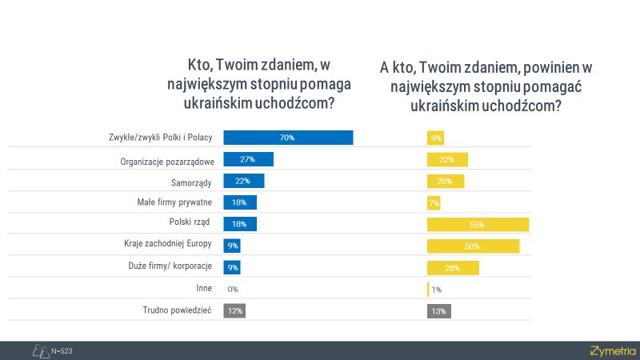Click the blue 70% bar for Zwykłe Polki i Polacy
point(288,138)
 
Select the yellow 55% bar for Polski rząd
point(478,224)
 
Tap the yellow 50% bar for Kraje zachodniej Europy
point(474,246)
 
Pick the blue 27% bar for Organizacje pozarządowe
point(248,159)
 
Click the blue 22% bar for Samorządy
point(243,181)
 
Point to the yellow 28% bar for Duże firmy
point(454,267)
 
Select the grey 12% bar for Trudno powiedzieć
point(234,310)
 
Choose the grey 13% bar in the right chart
point(437,310)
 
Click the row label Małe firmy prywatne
point(175,203)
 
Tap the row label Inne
point(203,289)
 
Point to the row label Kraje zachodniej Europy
point(167,246)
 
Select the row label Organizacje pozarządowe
point(166,160)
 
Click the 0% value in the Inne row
point(233,289)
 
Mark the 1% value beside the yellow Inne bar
point(437,289)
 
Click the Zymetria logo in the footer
point(612,350)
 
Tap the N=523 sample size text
point(62,350)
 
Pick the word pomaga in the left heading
point(332,84)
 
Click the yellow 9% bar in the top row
point(436,138)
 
